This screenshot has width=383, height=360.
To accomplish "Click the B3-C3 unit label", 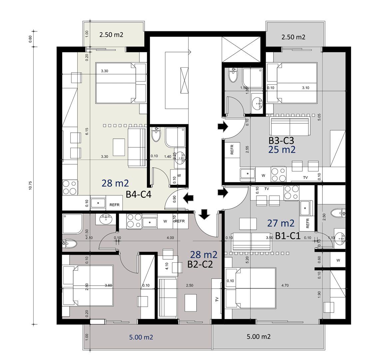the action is pos(281,141).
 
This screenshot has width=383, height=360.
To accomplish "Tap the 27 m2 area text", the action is pos(281,223).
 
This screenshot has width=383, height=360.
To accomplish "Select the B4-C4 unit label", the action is pos(139,195).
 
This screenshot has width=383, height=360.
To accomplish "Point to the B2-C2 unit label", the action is pos(200,264).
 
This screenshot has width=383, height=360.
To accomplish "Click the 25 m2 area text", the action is pos(282,150).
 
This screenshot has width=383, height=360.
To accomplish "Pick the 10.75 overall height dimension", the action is pos(30,185).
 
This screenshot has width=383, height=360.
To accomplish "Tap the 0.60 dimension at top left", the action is pos(30,39).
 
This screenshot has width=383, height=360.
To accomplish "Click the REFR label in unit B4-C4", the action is pos(114,205).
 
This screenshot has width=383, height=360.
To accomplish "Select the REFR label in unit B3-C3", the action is pos(232,149).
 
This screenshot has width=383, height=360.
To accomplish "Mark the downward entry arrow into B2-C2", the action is pos(204,214).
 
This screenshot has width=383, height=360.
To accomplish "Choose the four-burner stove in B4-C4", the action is pos(70,187).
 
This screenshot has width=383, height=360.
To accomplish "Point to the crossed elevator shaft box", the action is pos(241,50).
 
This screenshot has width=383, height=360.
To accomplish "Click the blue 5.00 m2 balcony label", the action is pos(141,337).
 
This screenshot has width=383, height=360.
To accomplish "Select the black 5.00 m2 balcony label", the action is pos(259,337).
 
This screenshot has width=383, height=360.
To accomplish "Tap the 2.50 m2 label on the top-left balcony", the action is pos(111,35).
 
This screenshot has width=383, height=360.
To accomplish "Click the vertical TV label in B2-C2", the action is pos(217,299).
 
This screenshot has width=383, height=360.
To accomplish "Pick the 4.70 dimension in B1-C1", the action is pos(285,285).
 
